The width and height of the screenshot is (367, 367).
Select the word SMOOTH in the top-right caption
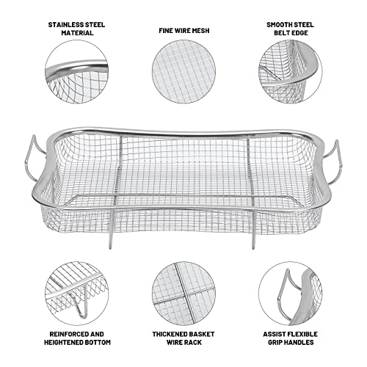279,23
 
